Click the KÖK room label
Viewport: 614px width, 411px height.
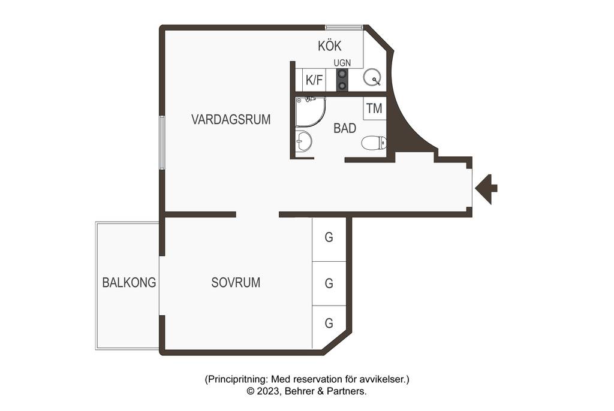pos(329,46)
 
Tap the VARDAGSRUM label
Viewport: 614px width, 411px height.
pos(231,119)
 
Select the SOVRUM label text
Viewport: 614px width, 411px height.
pos(236,283)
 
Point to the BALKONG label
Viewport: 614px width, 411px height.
pos(129,283)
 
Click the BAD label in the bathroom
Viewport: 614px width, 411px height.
pos(345,128)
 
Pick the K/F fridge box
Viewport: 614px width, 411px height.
pos(314,80)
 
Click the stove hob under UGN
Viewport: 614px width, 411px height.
pos(342,80)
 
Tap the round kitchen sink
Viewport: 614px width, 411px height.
pos(372,77)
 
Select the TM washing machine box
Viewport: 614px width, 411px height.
pos(374,108)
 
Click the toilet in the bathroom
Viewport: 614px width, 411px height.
pos(374,143)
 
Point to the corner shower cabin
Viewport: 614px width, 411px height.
pos(310,112)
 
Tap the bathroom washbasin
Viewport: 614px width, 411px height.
pos(303,141)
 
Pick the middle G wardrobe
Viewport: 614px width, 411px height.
pos(329,284)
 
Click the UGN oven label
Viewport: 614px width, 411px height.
pos(342,63)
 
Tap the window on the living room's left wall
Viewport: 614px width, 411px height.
pos(162,143)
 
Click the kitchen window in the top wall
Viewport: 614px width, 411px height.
pos(344,27)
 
